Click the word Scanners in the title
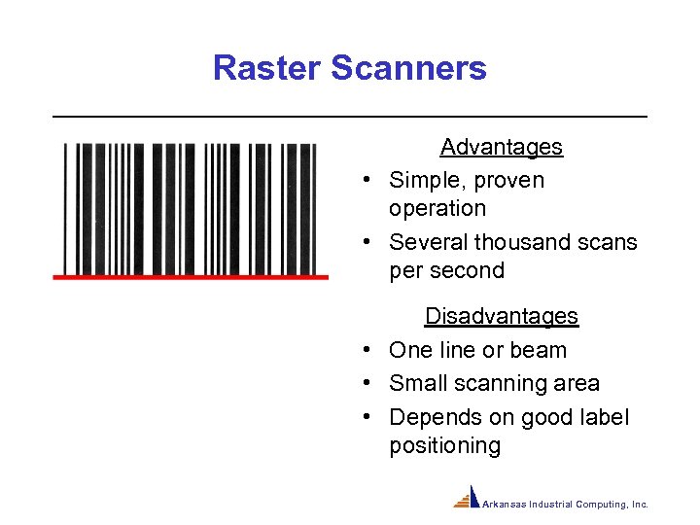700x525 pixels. tap(408, 68)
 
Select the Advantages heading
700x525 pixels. tap(501, 147)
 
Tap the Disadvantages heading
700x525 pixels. tap(501, 316)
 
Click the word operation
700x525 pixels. tap(437, 208)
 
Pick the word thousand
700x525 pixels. tap(522, 242)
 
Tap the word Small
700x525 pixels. tap(417, 384)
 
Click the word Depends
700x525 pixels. tap(430, 417)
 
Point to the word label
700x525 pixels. tap(603, 417)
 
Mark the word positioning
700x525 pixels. tap(444, 445)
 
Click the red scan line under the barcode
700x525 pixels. tap(191, 277)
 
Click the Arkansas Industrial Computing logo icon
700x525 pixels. tap(468, 497)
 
